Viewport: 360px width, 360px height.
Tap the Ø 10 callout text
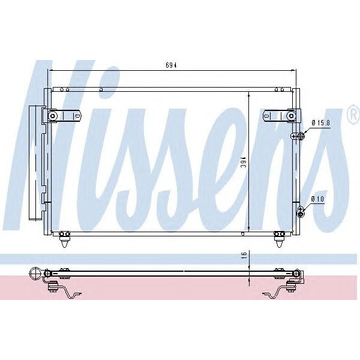(318, 199)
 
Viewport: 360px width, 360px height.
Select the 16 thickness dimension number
(243, 255)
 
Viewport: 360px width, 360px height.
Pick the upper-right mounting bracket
(280, 115)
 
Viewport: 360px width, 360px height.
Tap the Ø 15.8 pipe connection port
(298, 137)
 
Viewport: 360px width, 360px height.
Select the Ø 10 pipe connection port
(301, 210)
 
